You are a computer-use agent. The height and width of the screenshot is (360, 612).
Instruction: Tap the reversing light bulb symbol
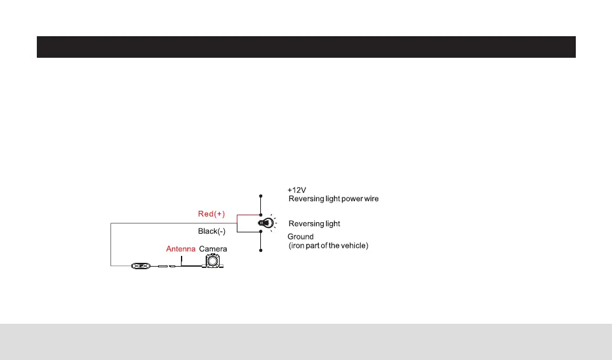(x=265, y=223)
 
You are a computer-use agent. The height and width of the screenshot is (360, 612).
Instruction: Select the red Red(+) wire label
(x=212, y=215)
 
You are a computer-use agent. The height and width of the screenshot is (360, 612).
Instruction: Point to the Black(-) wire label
(x=212, y=232)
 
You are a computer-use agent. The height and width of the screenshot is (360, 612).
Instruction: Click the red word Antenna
(x=180, y=249)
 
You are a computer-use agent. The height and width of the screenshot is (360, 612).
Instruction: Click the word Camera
(x=213, y=249)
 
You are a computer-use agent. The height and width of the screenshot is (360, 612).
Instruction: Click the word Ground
(x=301, y=237)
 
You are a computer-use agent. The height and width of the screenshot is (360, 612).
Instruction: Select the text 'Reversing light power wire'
(x=334, y=199)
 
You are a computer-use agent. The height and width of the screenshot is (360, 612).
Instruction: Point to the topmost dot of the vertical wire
(x=260, y=195)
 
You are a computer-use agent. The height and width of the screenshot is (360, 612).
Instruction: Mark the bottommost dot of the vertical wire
(x=260, y=251)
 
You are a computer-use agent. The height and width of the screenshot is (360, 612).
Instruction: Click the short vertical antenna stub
(x=181, y=260)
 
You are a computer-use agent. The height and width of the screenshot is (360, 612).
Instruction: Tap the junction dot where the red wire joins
(x=260, y=215)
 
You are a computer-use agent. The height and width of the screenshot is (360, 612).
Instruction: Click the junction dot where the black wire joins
(x=260, y=232)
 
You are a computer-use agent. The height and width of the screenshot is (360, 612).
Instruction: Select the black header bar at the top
(x=306, y=47)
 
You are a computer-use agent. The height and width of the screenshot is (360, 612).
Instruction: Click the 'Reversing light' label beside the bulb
(x=314, y=223)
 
